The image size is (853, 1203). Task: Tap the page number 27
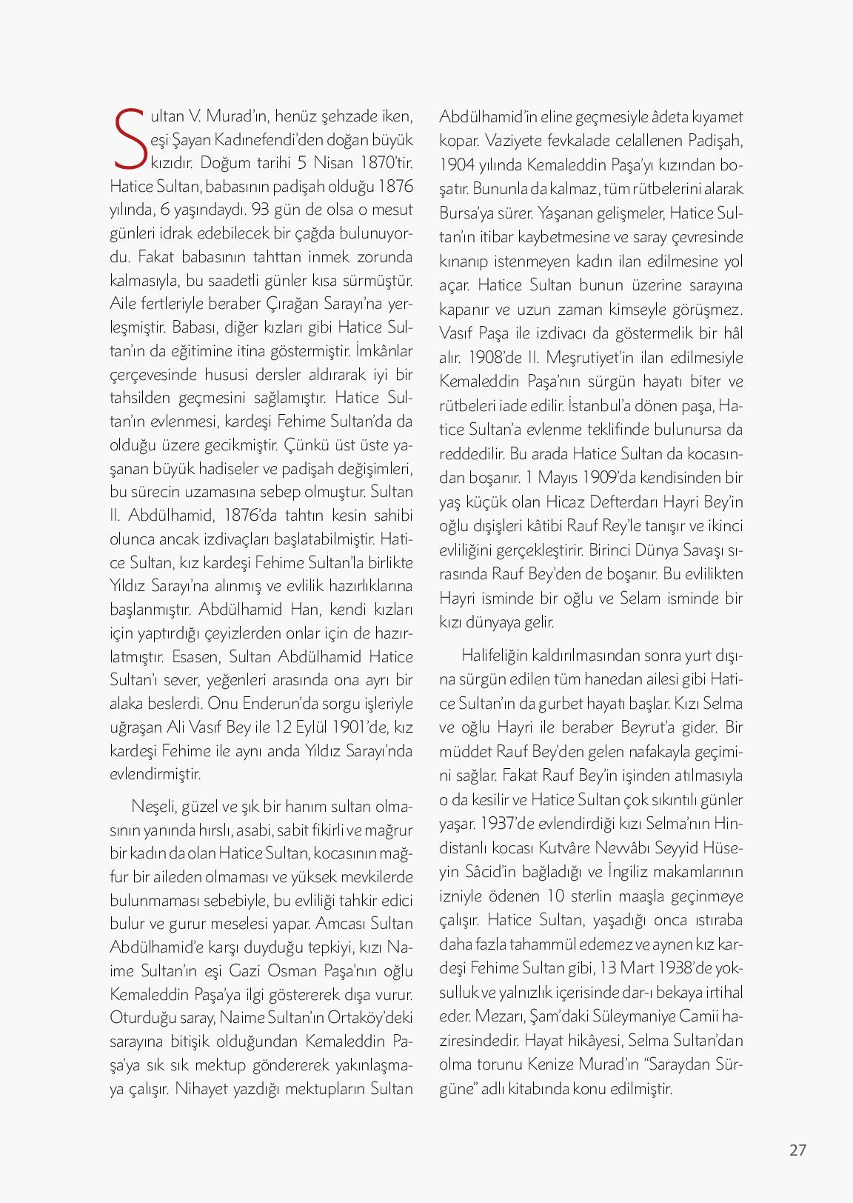click(797, 1150)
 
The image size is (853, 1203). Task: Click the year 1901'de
click(363, 727)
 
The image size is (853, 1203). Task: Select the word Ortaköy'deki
click(369, 1017)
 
